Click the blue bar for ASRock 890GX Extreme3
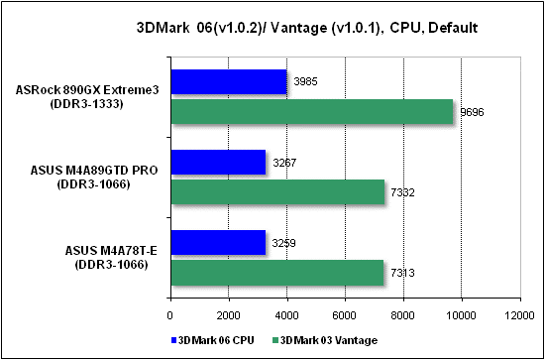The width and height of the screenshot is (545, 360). [x=229, y=81]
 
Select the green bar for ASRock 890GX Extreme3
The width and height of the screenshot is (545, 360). [x=312, y=111]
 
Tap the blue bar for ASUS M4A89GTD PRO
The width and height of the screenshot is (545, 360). [x=219, y=162]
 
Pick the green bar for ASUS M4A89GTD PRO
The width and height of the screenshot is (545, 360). [x=278, y=191]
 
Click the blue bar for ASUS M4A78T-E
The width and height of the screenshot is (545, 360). [x=219, y=242]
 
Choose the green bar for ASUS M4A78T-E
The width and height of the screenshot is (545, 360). [x=277, y=273]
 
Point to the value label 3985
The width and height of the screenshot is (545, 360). [x=306, y=82]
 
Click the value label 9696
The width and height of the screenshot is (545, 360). [x=473, y=113]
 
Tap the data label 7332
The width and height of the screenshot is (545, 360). [x=403, y=192]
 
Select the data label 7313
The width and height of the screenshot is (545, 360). [x=402, y=273]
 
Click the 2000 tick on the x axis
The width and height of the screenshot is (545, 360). [x=228, y=314]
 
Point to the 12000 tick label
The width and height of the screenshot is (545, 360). [x=519, y=314]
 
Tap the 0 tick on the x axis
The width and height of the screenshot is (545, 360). [x=170, y=314]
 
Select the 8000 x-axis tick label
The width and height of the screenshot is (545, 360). [x=403, y=314]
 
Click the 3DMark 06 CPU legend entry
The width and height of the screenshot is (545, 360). [x=212, y=340]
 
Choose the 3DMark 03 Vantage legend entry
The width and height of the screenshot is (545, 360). [x=325, y=340]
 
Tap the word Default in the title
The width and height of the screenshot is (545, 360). [x=451, y=29]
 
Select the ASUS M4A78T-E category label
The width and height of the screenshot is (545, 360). [x=111, y=257]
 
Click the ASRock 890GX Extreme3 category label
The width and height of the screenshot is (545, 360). [x=87, y=96]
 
